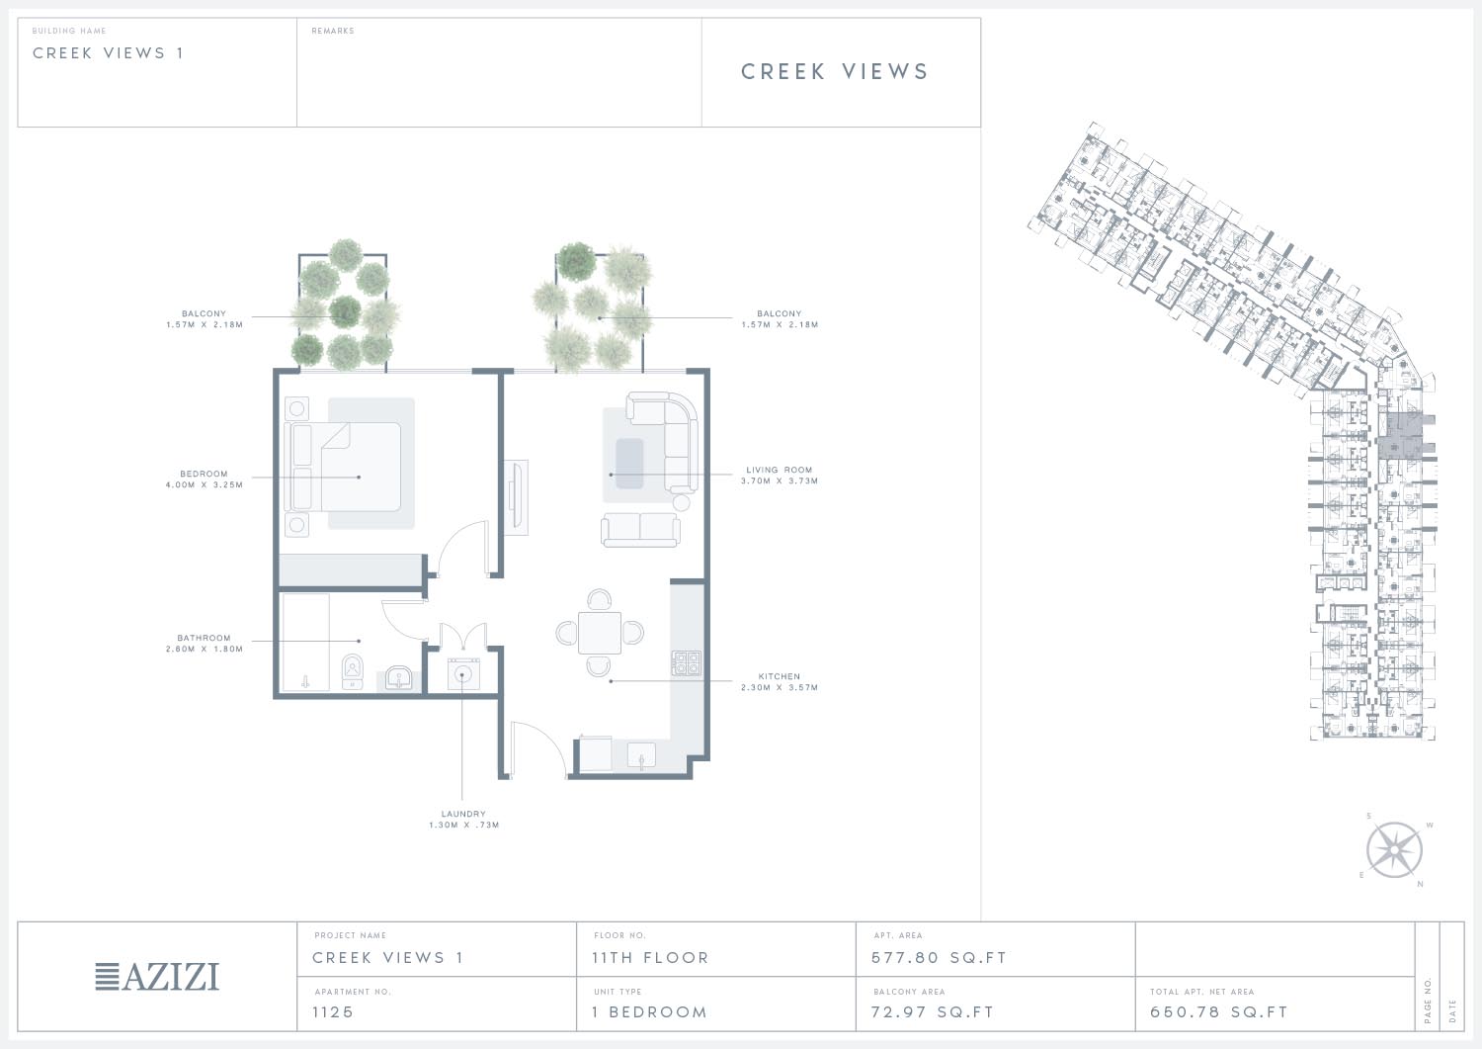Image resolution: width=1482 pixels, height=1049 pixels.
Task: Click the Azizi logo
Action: [x=157, y=977]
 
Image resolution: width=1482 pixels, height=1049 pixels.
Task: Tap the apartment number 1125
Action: [x=333, y=1011]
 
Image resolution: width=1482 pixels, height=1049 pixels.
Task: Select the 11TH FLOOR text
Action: [x=650, y=958]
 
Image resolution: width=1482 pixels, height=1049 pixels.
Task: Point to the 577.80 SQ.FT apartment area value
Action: [x=939, y=958]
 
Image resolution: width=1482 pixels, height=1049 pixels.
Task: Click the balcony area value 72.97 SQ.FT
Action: [x=933, y=1011]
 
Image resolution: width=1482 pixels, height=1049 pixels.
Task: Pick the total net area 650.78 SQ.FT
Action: [x=1218, y=1011]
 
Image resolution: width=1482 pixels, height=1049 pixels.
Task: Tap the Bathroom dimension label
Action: [x=204, y=643]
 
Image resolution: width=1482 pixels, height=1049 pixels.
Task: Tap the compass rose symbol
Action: [x=1394, y=850]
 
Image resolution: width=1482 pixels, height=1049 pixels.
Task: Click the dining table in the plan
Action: [x=600, y=633]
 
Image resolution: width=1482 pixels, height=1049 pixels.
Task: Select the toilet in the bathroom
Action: [x=353, y=671]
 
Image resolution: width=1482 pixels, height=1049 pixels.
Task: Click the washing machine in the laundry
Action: [x=463, y=674]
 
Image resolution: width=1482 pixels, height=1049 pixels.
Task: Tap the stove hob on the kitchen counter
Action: [x=686, y=662]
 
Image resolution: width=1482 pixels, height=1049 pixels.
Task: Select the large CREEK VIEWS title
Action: [x=834, y=71]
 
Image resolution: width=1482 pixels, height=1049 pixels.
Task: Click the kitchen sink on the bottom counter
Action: [x=641, y=755]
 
